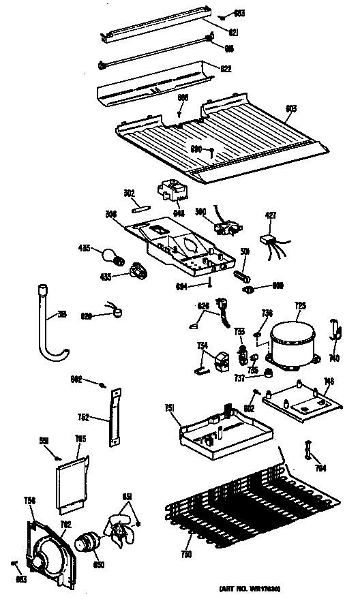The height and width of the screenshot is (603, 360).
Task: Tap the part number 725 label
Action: click(299, 306)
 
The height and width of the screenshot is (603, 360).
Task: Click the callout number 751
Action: click(170, 408)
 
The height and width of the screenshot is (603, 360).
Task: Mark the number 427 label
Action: click(271, 215)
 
